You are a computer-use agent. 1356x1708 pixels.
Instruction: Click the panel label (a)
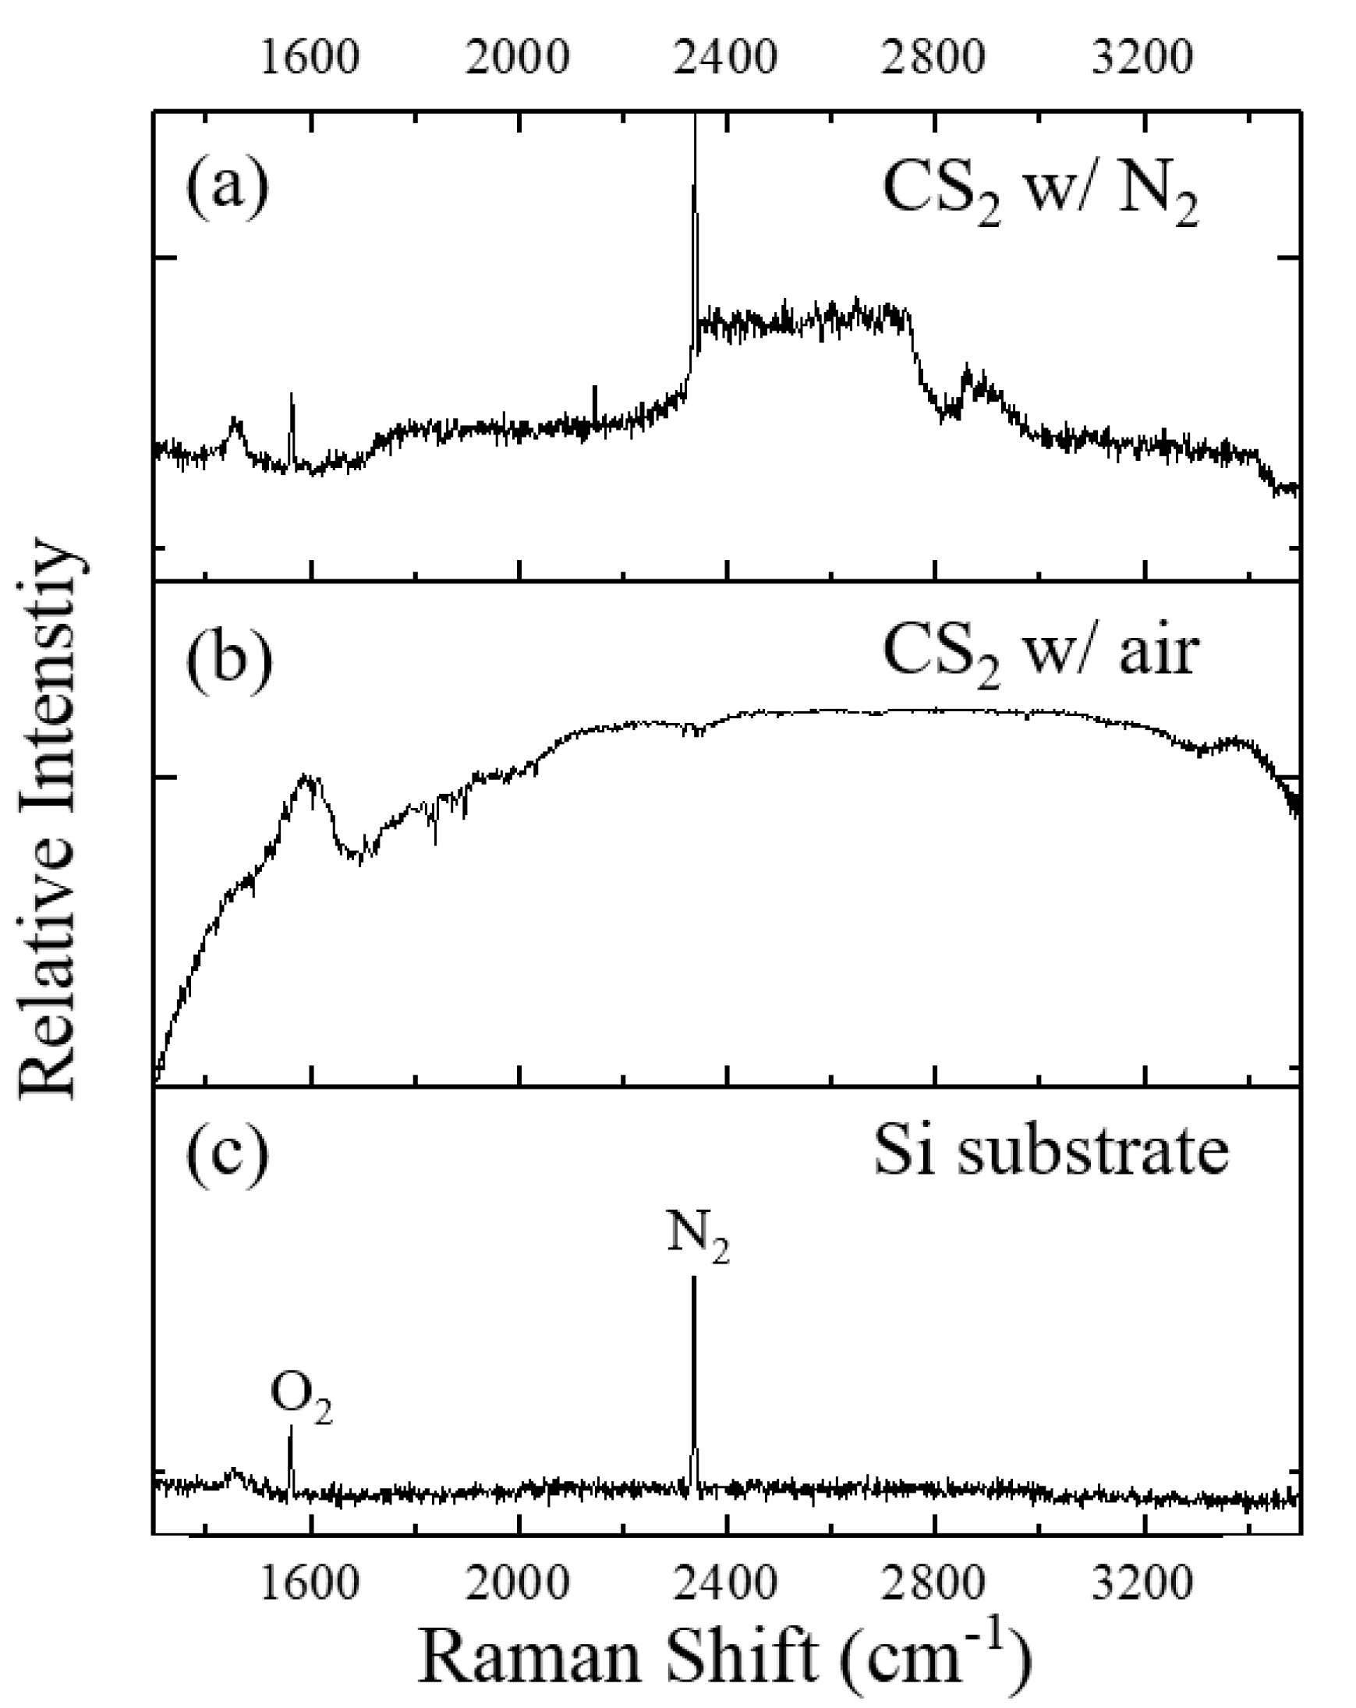pyautogui.click(x=228, y=188)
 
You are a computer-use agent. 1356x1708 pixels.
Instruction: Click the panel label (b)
pyautogui.click(x=229, y=657)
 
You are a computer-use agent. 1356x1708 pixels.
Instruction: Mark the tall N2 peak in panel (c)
pyautogui.click(x=695, y=1347)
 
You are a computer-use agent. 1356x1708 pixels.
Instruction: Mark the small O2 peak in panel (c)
pyautogui.click(x=291, y=1451)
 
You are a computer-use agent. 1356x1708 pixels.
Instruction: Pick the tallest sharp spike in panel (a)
pyautogui.click(x=695, y=198)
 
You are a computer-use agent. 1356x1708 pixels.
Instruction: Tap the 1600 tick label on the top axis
pyautogui.click(x=310, y=57)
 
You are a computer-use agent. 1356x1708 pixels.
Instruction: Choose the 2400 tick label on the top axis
pyautogui.click(x=725, y=57)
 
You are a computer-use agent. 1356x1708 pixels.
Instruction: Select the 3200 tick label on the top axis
pyautogui.click(x=1142, y=57)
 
